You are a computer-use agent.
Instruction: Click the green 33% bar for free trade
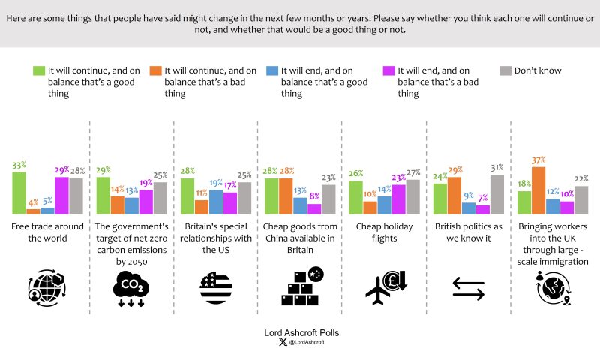click(x=19, y=193)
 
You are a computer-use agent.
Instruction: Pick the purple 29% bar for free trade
click(x=61, y=196)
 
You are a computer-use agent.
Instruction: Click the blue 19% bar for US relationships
click(x=216, y=202)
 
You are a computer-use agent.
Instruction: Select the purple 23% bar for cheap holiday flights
click(x=398, y=199)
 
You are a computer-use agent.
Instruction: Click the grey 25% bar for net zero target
click(x=160, y=198)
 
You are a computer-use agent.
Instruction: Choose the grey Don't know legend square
click(x=505, y=71)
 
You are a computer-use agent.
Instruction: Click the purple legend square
click(x=388, y=71)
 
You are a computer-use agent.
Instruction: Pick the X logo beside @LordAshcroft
click(x=282, y=342)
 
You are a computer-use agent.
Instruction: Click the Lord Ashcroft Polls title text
click(x=300, y=331)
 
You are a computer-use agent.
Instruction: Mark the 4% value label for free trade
click(x=32, y=202)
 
